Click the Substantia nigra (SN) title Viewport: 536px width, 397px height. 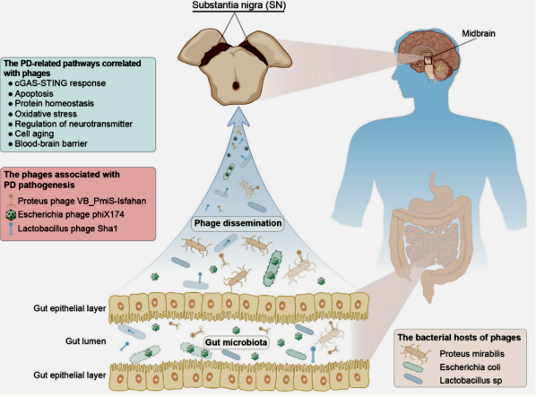pyautogui.click(x=238, y=5)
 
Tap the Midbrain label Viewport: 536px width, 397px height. pyautogui.click(x=479, y=33)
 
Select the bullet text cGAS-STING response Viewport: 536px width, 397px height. pyautogui.click(x=60, y=83)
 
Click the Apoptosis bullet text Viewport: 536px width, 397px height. pyautogui.click(x=34, y=93)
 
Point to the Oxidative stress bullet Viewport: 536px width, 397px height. pyautogui.click(x=46, y=114)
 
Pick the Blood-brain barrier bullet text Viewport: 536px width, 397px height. pyautogui.click(x=51, y=144)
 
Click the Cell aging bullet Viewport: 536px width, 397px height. pyautogui.click(x=34, y=134)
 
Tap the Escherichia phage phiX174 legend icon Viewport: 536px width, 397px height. pyautogui.click(x=12, y=215)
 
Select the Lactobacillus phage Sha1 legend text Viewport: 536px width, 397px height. pyautogui.click(x=68, y=229)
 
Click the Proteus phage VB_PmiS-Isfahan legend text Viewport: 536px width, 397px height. pyautogui.click(x=82, y=201)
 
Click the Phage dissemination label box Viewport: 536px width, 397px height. pyautogui.click(x=238, y=223)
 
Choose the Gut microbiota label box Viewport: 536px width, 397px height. pyautogui.click(x=237, y=342)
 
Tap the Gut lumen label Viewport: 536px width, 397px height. pyautogui.click(x=86, y=341)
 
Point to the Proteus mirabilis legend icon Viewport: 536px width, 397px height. pyautogui.click(x=415, y=354)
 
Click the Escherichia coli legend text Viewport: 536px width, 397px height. pyautogui.click(x=470, y=367)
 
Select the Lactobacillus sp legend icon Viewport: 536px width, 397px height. pyautogui.click(x=413, y=379)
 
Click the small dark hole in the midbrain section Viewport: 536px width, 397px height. pyautogui.click(x=236, y=85)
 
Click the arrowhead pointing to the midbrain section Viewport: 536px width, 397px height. pyautogui.click(x=237, y=117)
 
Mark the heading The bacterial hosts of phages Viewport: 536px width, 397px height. pyautogui.click(x=459, y=338)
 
